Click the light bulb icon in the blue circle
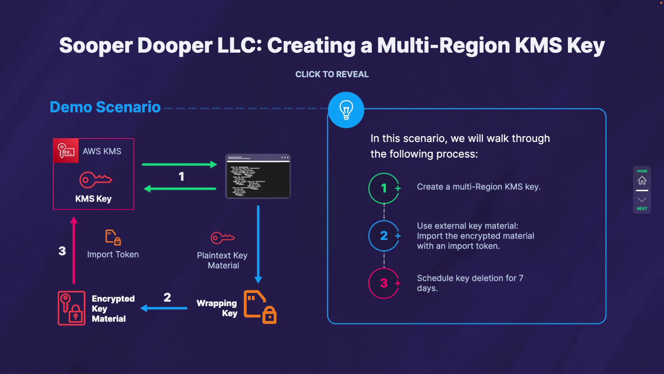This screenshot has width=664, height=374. coord(346,110)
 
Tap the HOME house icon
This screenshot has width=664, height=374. coord(642,180)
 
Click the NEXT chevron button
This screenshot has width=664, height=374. coord(642,200)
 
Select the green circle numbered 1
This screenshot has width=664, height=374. coord(384,188)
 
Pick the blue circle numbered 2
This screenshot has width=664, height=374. coord(384,236)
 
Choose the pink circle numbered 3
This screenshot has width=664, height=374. coord(384,283)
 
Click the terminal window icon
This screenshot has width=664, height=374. coord(258,176)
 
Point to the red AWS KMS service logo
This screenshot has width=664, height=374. coord(66,151)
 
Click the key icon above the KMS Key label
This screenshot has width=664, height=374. coord(95,180)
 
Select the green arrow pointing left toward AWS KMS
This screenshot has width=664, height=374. coord(180,189)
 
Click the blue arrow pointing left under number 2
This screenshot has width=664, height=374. coord(164,308)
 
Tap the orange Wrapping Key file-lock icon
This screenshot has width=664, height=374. coord(260,307)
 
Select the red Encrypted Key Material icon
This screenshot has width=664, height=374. coord(72,308)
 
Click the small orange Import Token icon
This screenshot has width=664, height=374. coord(113,238)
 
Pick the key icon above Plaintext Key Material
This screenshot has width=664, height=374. coord(223,238)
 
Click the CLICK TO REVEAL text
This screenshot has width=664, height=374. coord(332,74)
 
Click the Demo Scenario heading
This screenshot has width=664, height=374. coord(105,107)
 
